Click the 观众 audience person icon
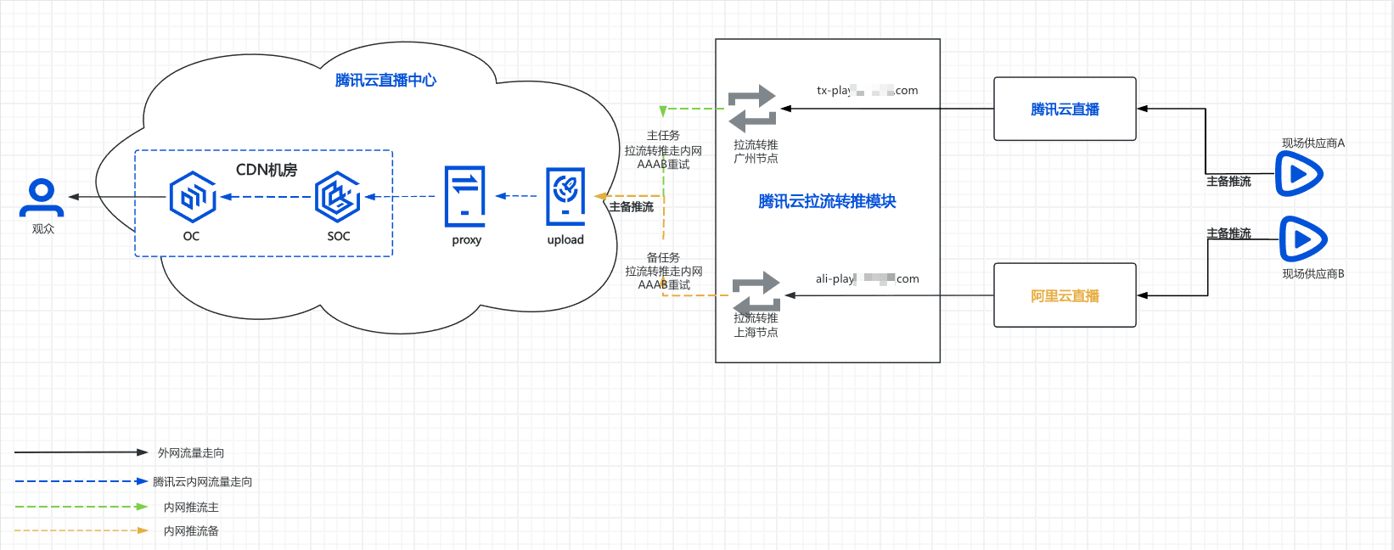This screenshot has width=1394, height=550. tap(41, 197)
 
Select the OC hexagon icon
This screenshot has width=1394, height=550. tap(192, 197)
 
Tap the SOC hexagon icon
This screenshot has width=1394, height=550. tap(337, 197)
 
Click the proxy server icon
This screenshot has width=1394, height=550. tap(465, 197)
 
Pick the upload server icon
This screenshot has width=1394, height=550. tap(565, 197)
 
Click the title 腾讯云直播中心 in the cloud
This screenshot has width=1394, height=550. tap(385, 81)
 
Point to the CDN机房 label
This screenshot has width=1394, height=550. tap(266, 170)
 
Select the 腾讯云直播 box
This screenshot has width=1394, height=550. tap(1065, 109)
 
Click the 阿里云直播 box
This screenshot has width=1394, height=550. tap(1065, 295)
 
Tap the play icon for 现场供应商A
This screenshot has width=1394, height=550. tap(1299, 174)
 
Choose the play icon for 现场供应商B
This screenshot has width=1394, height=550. tap(1302, 239)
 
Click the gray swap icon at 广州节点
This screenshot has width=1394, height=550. tap(753, 108)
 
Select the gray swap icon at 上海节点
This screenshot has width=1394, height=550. tap(756, 294)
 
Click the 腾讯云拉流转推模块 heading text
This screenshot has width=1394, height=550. tap(827, 201)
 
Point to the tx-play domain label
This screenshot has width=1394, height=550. tap(867, 90)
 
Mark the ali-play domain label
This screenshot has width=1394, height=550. tap(867, 278)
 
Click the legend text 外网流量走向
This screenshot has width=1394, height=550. tap(191, 453)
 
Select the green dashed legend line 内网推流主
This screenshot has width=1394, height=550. tap(81, 507)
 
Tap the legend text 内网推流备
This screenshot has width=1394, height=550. tap(191, 531)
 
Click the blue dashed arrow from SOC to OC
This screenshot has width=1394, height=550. tap(265, 197)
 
